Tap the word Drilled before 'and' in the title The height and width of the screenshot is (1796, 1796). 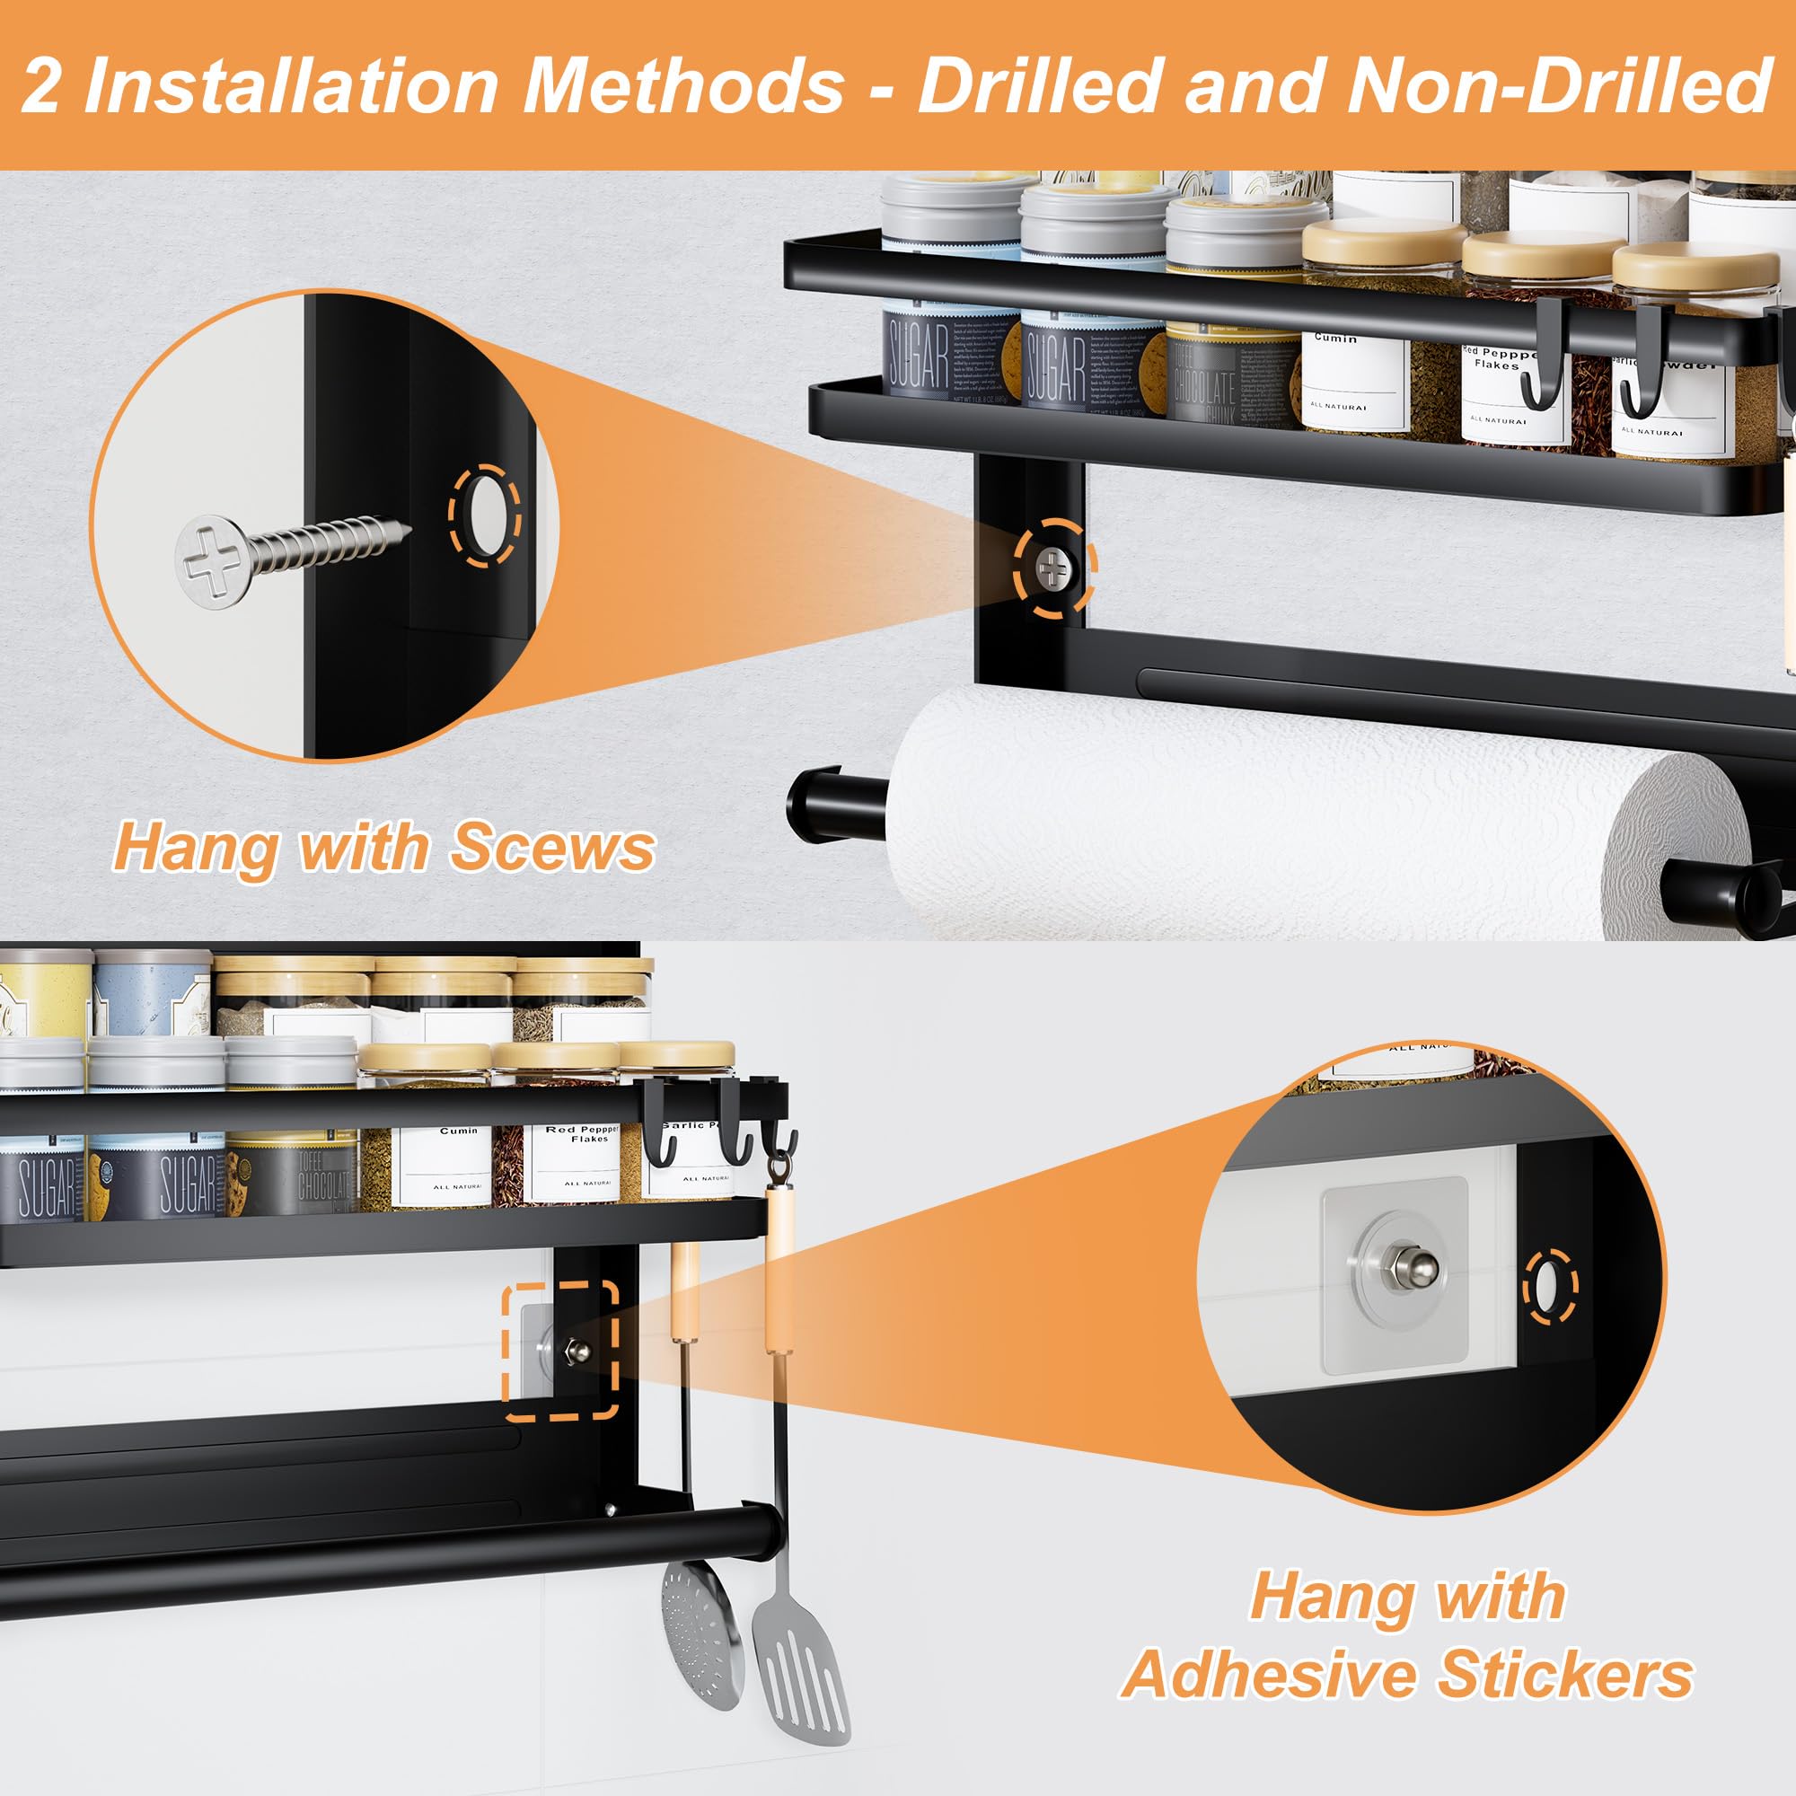pyautogui.click(x=1039, y=85)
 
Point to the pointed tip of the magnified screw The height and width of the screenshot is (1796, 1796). pyautogui.click(x=405, y=531)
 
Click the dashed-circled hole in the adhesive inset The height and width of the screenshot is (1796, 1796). pyautogui.click(x=1550, y=1287)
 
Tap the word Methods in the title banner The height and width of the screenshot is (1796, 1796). pyautogui.click(x=683, y=85)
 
